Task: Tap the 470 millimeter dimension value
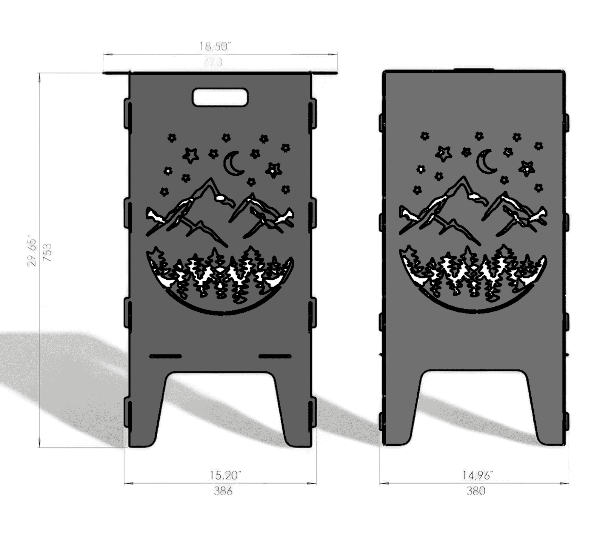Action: tap(213, 62)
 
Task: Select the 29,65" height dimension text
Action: tap(32, 252)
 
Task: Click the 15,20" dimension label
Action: tap(225, 475)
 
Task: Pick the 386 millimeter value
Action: tap(223, 491)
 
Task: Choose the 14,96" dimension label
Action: tap(478, 475)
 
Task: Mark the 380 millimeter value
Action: tap(476, 491)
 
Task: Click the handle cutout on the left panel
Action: tap(220, 97)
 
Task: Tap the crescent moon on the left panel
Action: tap(233, 164)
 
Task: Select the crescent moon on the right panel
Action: tap(486, 162)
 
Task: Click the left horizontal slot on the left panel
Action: tap(165, 356)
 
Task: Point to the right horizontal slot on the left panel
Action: tap(275, 356)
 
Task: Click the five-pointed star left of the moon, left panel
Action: tap(190, 155)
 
